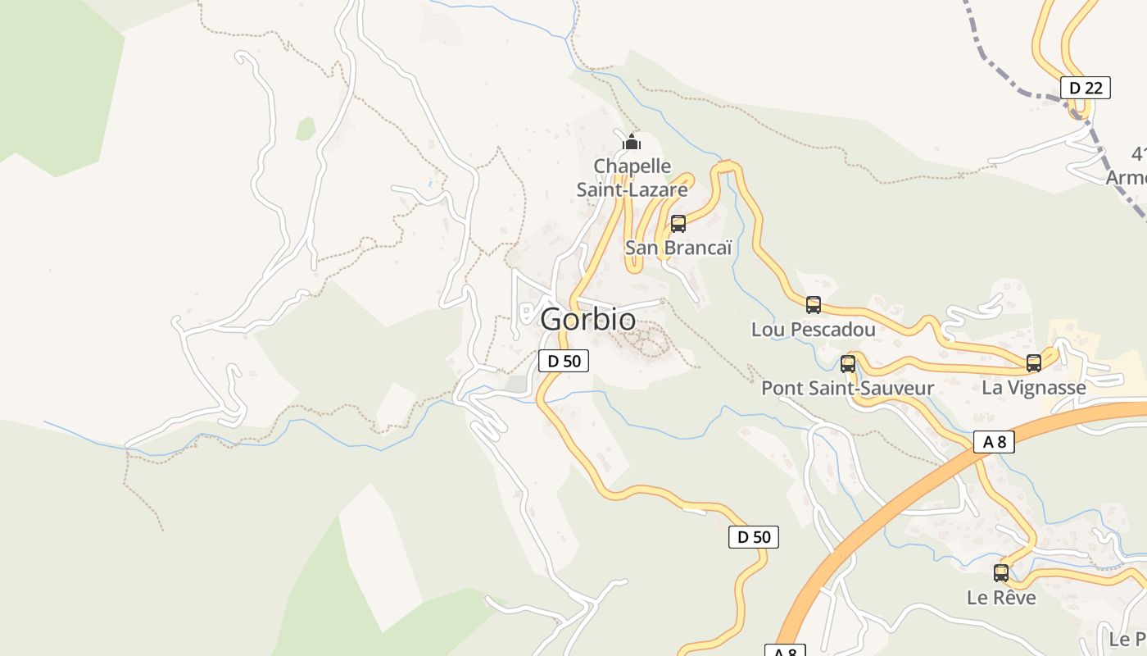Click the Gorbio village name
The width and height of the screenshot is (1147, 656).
tap(587, 320)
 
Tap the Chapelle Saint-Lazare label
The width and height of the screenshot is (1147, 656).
tap(632, 178)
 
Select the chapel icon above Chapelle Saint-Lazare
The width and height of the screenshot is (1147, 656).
tap(631, 142)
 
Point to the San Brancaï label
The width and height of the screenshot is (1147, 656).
tap(678, 248)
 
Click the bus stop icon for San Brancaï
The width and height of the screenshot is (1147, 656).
tap(678, 223)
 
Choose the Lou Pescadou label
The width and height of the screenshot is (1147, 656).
tap(813, 330)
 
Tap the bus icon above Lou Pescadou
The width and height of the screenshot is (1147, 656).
tap(813, 305)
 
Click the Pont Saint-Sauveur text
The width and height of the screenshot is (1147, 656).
tap(847, 388)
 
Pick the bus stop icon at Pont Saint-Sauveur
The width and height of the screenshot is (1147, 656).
tap(847, 363)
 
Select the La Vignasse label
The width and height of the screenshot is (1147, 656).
tap(1033, 388)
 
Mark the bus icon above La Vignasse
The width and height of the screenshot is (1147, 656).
tap(1033, 362)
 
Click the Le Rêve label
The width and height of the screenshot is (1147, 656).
tap(1000, 598)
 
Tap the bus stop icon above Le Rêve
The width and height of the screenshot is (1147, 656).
tap(1000, 572)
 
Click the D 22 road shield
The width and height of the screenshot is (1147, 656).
tap(1085, 88)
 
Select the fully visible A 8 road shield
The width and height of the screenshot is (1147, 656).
tap(994, 442)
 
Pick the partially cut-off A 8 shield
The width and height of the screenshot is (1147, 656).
tap(785, 651)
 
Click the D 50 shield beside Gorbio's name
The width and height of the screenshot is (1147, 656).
tap(564, 360)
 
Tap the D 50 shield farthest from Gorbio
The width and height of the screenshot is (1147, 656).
tap(753, 537)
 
